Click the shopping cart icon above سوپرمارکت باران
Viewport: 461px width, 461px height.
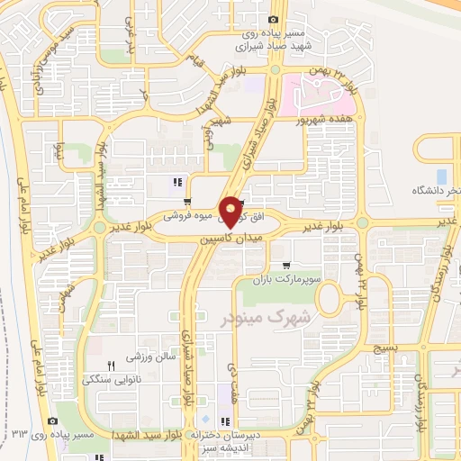pos(285,266)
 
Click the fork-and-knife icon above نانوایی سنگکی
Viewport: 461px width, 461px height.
pos(112,366)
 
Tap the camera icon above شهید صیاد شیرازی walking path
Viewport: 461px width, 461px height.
pos(274,20)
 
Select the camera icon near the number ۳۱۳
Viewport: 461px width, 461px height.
pos(53,420)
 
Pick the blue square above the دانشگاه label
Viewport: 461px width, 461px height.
pos(441,175)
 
